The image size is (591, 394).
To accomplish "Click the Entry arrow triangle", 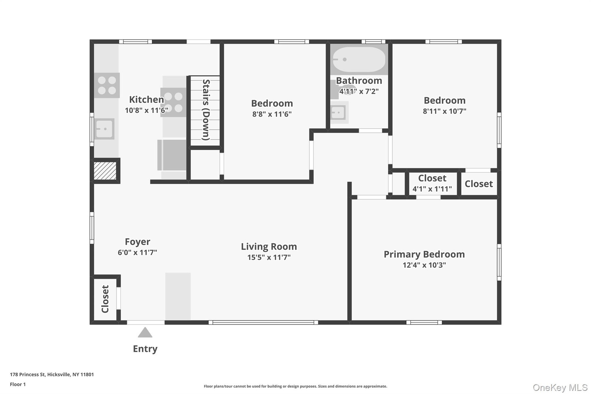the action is click(x=145, y=333).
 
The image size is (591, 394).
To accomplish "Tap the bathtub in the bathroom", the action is click(x=359, y=59).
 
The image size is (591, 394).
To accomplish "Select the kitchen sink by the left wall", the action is click(x=104, y=129).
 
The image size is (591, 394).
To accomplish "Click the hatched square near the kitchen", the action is click(x=105, y=170).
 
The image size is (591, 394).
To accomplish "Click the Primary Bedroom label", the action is click(x=424, y=254).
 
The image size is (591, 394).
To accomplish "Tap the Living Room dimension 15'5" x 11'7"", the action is click(x=269, y=257).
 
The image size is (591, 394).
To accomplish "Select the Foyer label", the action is click(x=138, y=242).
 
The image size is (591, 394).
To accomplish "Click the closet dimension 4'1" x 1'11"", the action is click(x=432, y=189).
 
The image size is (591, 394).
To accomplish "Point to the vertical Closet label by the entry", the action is click(x=105, y=299).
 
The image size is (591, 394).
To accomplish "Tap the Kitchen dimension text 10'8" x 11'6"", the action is click(x=147, y=110).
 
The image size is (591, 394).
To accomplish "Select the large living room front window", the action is click(x=263, y=323).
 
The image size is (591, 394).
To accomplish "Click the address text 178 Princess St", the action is click(x=28, y=375).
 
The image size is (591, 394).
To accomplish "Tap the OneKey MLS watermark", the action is click(x=561, y=387).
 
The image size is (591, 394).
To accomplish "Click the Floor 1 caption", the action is click(x=18, y=384).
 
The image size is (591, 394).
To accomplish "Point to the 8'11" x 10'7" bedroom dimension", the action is click(x=444, y=111).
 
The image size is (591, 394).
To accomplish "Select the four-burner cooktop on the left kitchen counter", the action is click(x=107, y=85).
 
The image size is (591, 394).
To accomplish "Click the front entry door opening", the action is click(x=146, y=323).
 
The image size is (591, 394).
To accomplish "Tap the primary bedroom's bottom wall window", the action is click(x=424, y=323).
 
